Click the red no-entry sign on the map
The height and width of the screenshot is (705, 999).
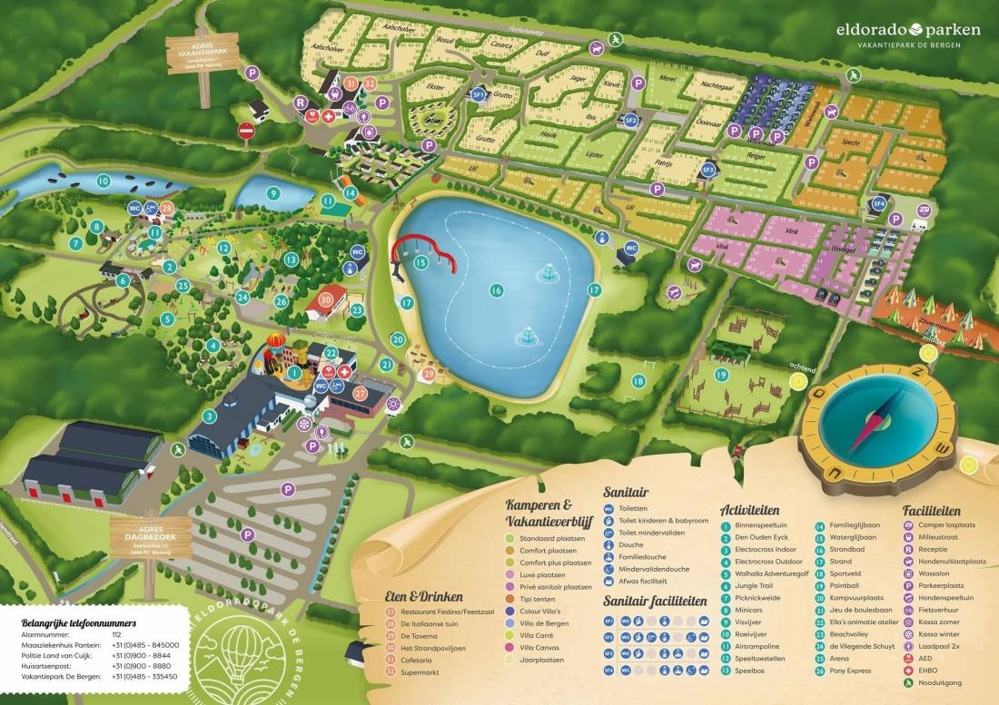(246, 132)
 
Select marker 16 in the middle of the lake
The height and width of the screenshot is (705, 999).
(496, 290)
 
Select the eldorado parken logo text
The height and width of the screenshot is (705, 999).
(907, 29)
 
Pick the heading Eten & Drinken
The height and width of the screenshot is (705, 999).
(423, 597)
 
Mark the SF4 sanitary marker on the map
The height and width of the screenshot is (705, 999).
(878, 204)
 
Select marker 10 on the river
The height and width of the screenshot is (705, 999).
(104, 181)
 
